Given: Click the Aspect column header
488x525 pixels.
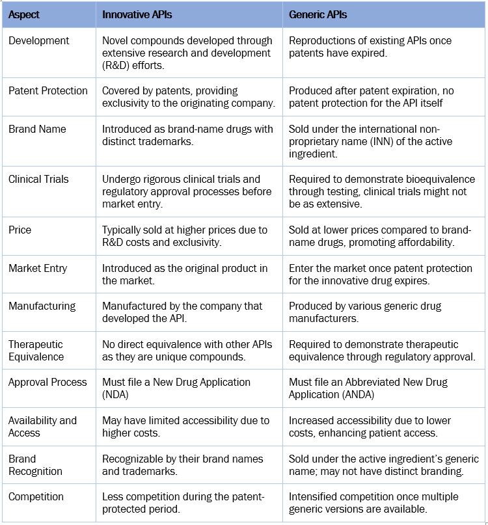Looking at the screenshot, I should click(24, 14).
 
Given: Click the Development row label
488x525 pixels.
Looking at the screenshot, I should click(38, 40).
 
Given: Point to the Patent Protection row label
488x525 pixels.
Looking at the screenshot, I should click(47, 90).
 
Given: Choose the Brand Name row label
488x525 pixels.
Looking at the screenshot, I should click(37, 129).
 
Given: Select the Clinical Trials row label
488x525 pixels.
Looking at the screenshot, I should click(38, 179).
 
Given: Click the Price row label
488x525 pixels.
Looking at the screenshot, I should click(20, 230).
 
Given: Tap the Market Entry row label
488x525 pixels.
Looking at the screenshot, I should click(38, 267).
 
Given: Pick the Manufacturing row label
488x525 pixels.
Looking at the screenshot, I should click(42, 305).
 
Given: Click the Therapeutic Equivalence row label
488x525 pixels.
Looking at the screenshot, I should click(36, 350).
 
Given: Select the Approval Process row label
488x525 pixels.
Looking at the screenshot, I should click(47, 382).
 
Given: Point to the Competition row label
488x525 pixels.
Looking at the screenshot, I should click(36, 496).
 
